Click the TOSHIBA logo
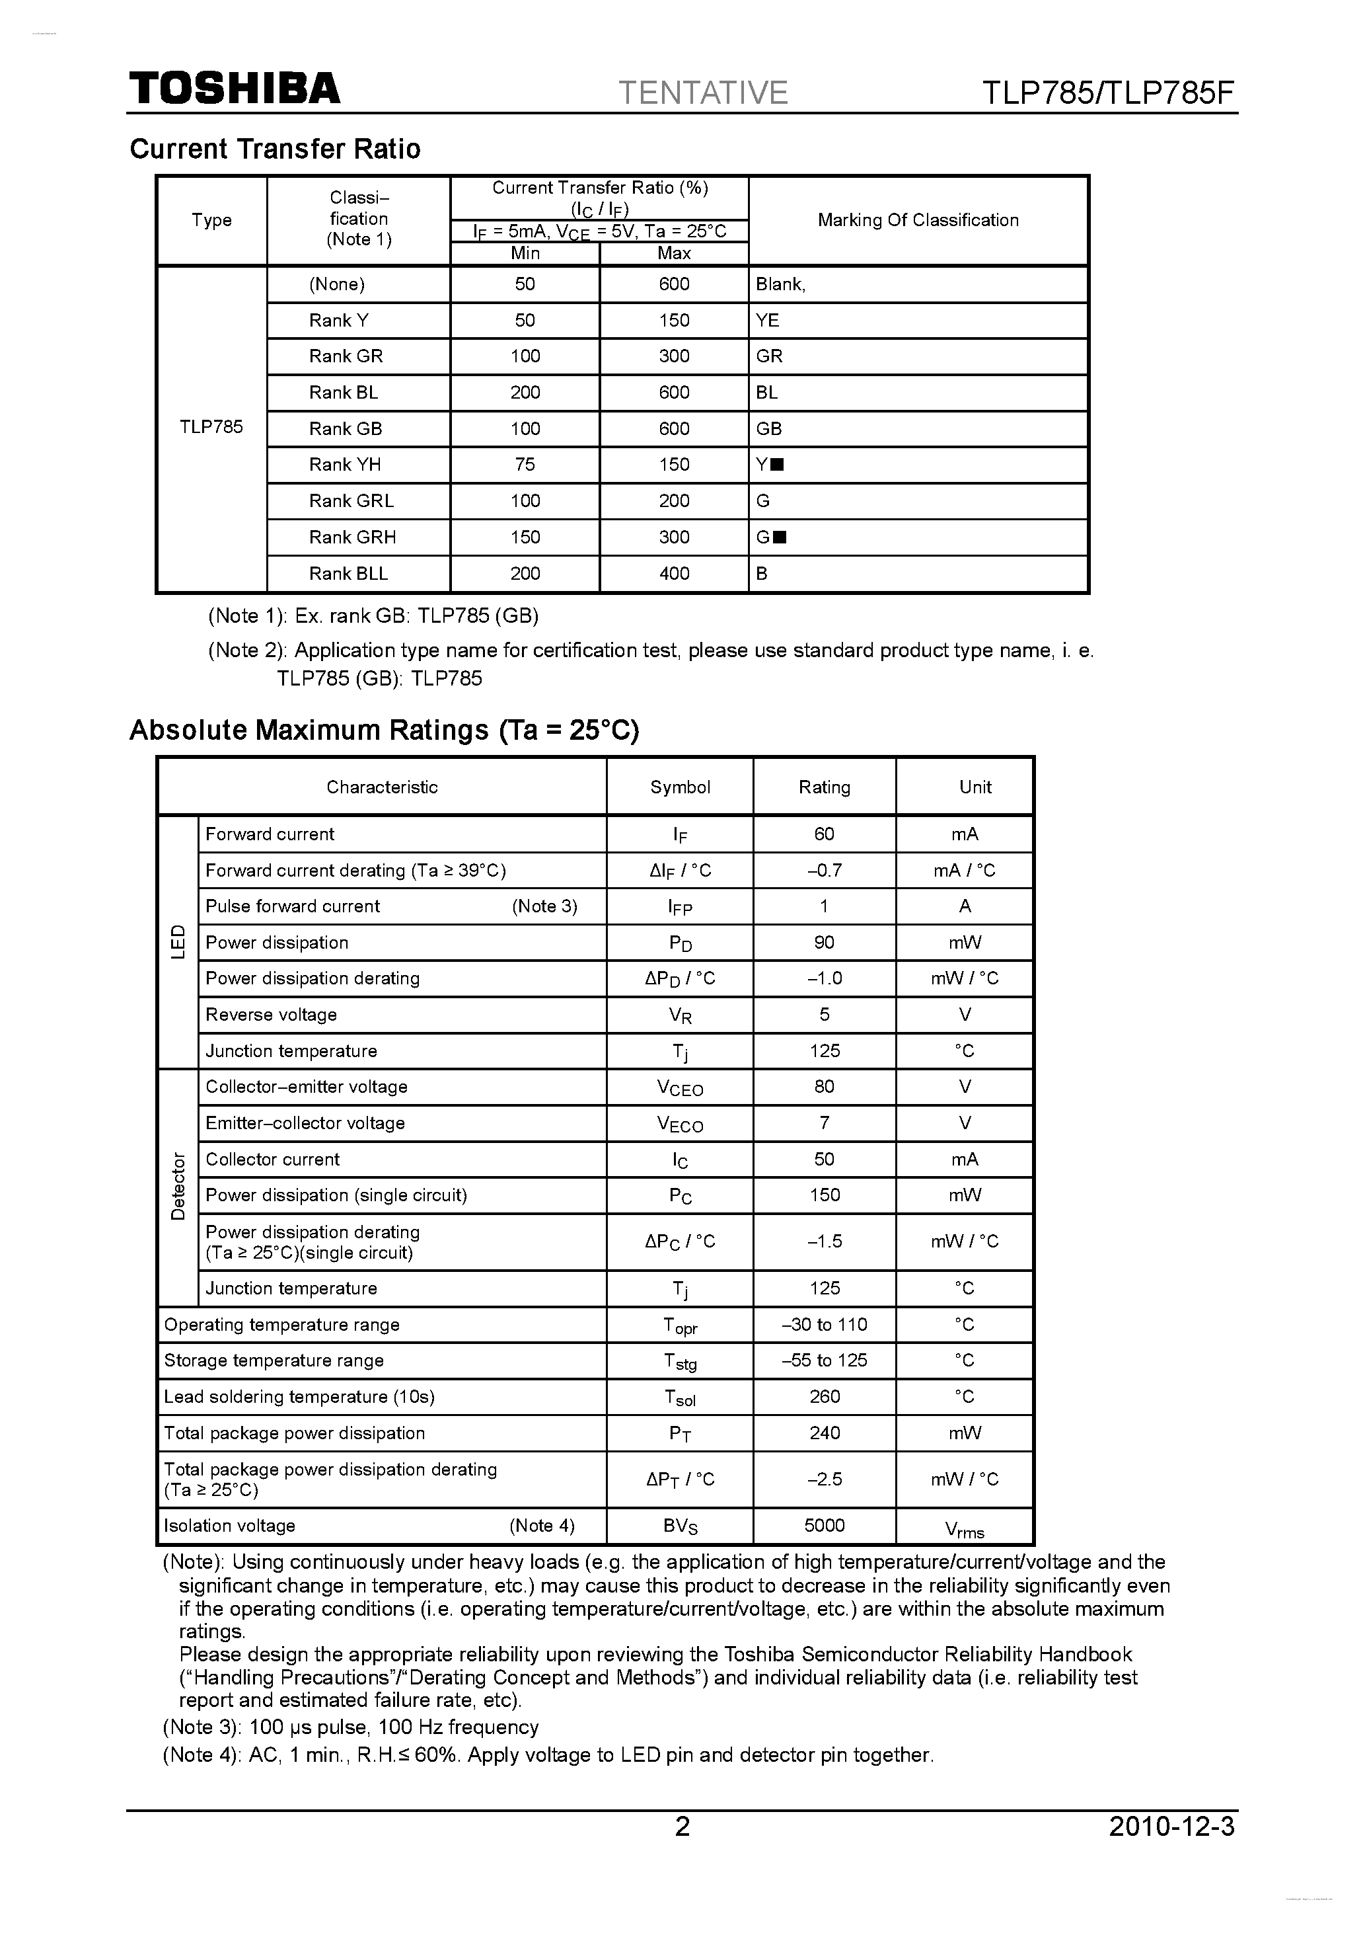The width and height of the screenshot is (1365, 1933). pyautogui.click(x=234, y=89)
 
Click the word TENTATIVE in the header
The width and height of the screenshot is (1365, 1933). pyautogui.click(x=703, y=93)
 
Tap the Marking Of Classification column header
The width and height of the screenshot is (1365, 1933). pyautogui.click(x=918, y=221)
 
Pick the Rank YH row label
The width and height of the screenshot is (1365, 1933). pyautogui.click(x=345, y=465)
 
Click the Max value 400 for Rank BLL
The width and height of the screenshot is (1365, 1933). pyautogui.click(x=674, y=573)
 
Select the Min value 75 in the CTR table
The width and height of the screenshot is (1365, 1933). pyautogui.click(x=525, y=465)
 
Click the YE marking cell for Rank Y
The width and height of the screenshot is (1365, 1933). pyautogui.click(x=768, y=320)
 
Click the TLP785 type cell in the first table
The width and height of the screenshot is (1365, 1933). pyautogui.click(x=211, y=427)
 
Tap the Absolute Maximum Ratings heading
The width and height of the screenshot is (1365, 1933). pyautogui.click(x=385, y=729)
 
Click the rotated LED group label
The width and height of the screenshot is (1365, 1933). pyautogui.click(x=178, y=941)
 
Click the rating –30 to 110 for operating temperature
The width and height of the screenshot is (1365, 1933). pyautogui.click(x=824, y=1324)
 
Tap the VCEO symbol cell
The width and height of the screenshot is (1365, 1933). pyautogui.click(x=680, y=1087)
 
